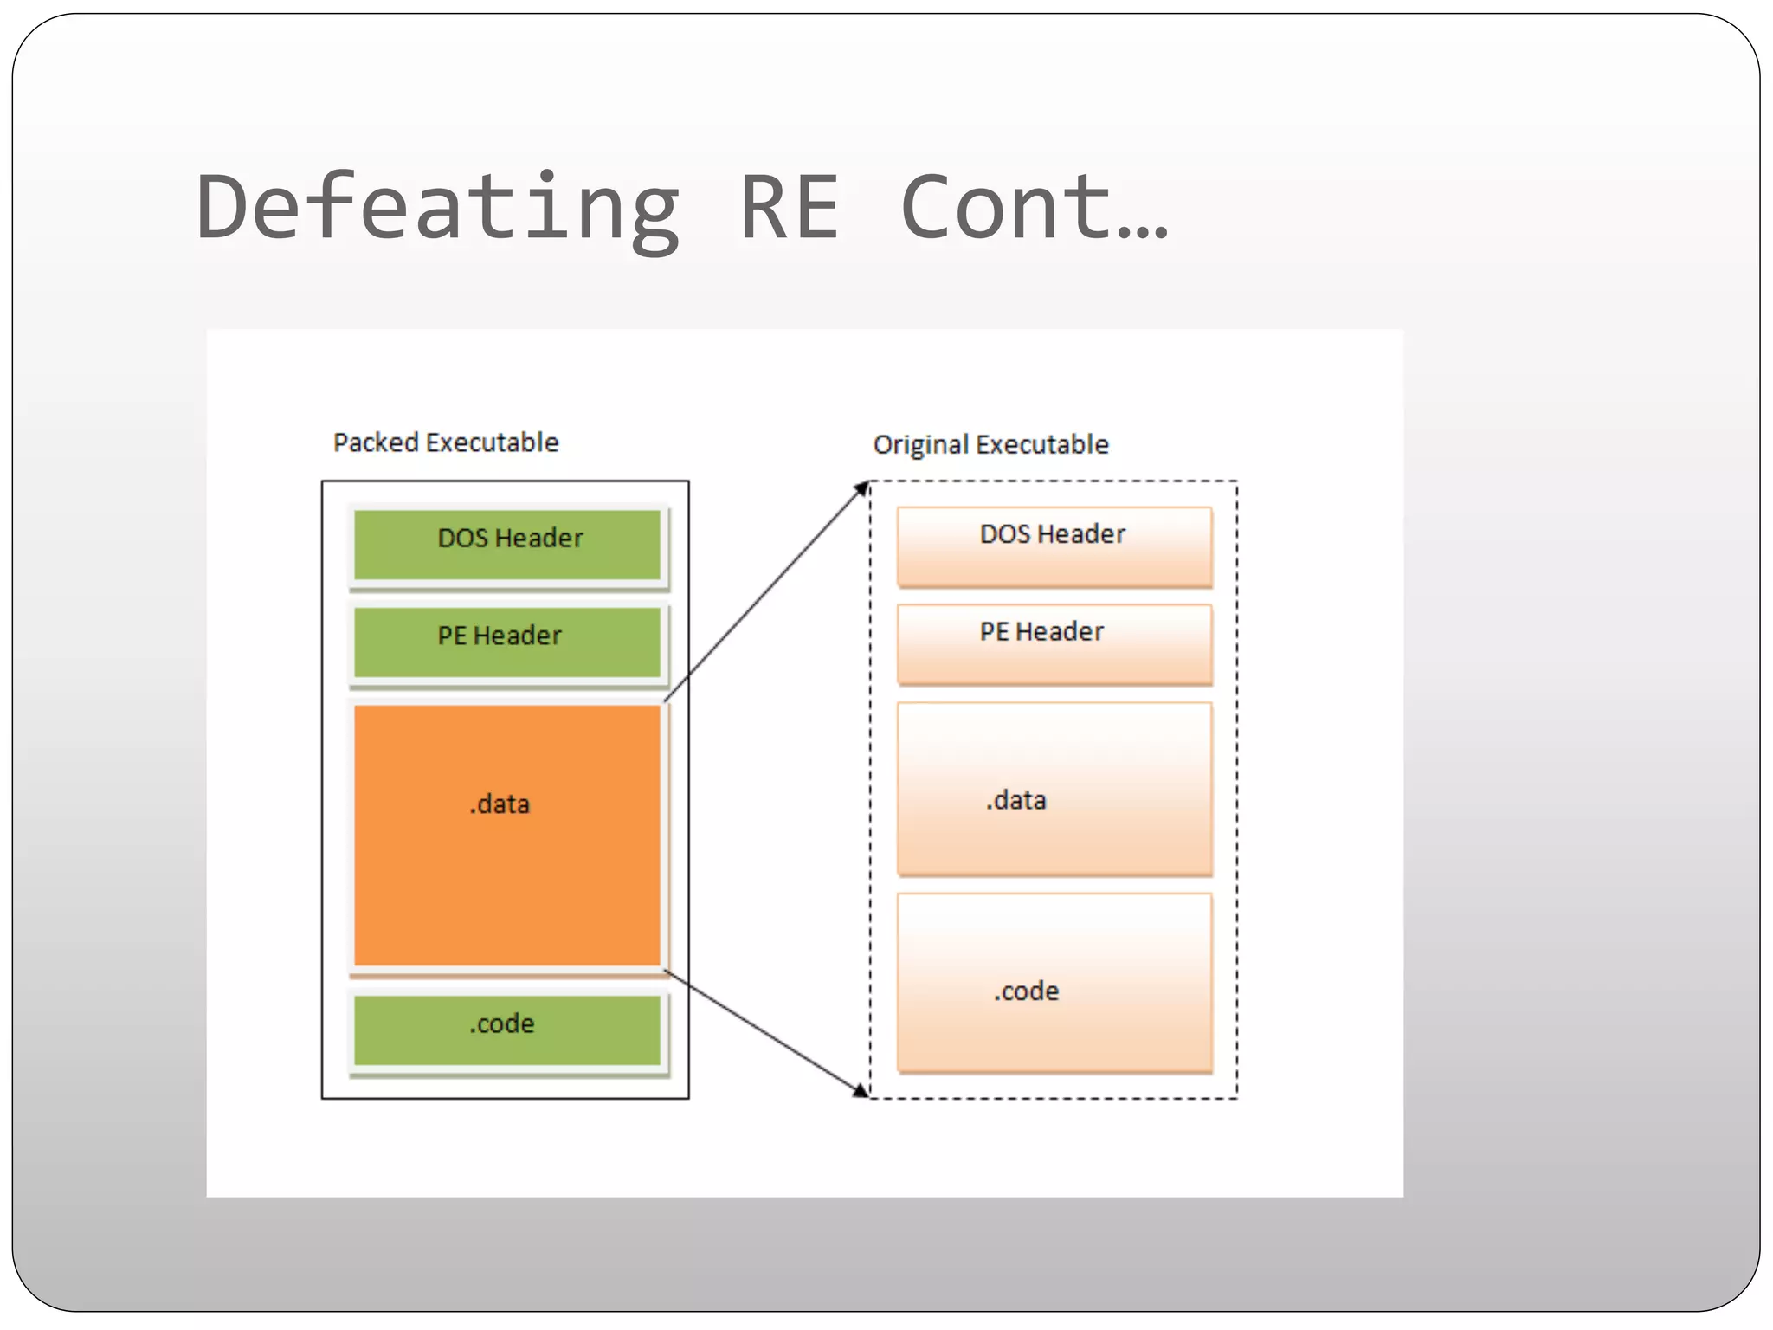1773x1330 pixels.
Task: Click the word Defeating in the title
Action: (437, 208)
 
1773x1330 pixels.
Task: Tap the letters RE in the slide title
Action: (790, 208)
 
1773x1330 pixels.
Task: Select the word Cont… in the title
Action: (1035, 208)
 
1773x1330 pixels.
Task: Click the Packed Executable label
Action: (446, 442)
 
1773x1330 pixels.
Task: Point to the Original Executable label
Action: (990, 444)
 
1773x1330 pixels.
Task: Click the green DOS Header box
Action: (507, 544)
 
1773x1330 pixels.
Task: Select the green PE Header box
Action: (507, 642)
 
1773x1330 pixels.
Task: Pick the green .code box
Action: (507, 1030)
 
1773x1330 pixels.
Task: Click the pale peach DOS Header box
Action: (1054, 547)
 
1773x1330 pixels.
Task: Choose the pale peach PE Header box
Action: (1054, 645)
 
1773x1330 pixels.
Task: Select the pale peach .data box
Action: (1054, 790)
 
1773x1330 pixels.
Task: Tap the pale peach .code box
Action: (1054, 983)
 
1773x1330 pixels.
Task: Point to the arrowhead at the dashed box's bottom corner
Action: (861, 1090)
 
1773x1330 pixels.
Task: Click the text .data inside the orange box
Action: (500, 804)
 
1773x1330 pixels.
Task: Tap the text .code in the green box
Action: (501, 1023)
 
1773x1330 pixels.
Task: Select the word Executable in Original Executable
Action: (1041, 444)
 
